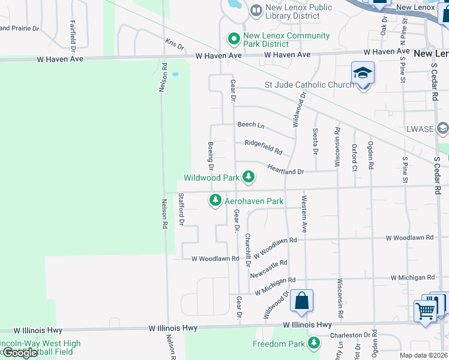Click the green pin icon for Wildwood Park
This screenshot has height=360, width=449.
pyautogui.click(x=247, y=177)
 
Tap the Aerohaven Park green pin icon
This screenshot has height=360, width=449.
pyautogui.click(x=215, y=201)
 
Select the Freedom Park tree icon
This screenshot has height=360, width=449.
pyautogui.click(x=313, y=343)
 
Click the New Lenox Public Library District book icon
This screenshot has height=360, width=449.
pyautogui.click(x=256, y=11)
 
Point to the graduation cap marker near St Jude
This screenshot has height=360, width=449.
pyautogui.click(x=363, y=74)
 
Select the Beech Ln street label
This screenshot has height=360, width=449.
pyautogui.click(x=250, y=125)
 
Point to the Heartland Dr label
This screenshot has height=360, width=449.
pyautogui.click(x=286, y=171)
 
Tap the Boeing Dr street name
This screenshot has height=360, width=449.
pyautogui.click(x=211, y=155)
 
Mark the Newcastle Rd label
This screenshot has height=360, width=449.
pyautogui.click(x=268, y=268)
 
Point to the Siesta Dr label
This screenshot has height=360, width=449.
pyautogui.click(x=315, y=141)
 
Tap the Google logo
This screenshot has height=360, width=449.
pyautogui.click(x=19, y=352)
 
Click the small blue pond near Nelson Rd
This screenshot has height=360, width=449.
pyautogui.click(x=175, y=75)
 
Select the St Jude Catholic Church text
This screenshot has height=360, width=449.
pyautogui.click(x=309, y=85)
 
